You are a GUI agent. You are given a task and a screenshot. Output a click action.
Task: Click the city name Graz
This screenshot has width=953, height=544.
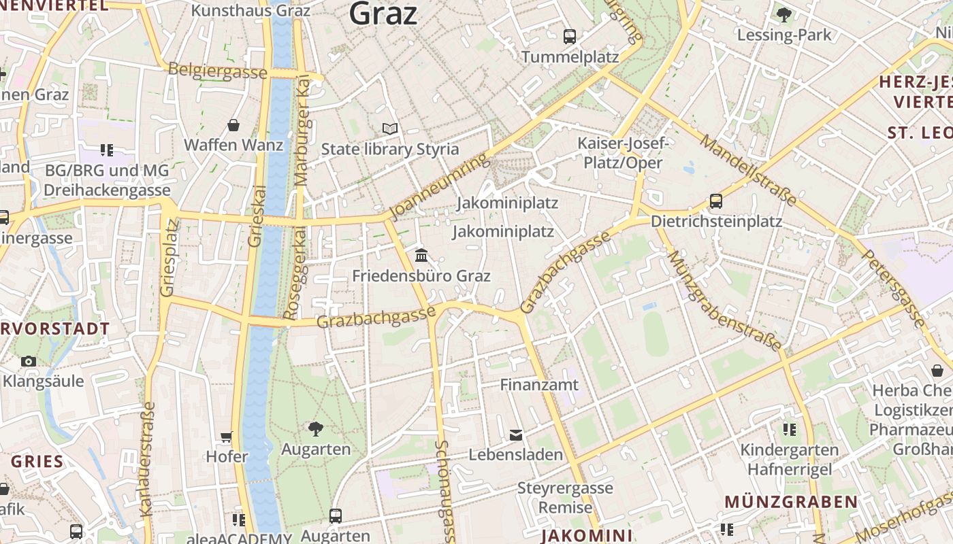[x=383, y=13]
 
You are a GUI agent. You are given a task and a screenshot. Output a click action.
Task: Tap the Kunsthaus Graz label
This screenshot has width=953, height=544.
[x=251, y=10]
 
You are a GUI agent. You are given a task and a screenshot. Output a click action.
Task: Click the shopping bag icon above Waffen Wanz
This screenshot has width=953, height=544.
[x=233, y=125]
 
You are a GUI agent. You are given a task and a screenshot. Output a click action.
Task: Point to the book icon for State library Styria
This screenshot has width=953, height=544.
[x=389, y=129]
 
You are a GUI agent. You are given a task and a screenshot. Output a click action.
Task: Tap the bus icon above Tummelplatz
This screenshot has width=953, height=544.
[x=570, y=37]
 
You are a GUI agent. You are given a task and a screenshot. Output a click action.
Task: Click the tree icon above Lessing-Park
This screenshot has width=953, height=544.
[x=784, y=14]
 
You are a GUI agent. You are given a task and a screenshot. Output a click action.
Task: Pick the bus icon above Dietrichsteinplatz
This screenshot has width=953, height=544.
[x=716, y=201]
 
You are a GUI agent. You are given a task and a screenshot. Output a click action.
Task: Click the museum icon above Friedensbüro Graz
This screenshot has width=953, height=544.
[x=421, y=256]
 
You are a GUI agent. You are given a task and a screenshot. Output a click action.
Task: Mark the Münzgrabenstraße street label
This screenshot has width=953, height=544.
[x=724, y=301]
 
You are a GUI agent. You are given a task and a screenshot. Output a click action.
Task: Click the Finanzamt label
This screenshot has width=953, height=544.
[x=538, y=385]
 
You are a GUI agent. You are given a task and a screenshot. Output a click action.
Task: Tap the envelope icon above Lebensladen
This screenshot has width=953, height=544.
[x=516, y=435]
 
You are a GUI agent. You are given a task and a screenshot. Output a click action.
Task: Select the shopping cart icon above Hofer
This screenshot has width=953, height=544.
[x=227, y=437]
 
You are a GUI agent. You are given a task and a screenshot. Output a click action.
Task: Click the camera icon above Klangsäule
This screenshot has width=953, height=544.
[x=29, y=361]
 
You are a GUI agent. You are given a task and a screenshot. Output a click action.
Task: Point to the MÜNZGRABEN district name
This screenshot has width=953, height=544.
[x=790, y=503]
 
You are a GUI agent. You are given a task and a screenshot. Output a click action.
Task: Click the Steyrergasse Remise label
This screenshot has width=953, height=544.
[x=565, y=498]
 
